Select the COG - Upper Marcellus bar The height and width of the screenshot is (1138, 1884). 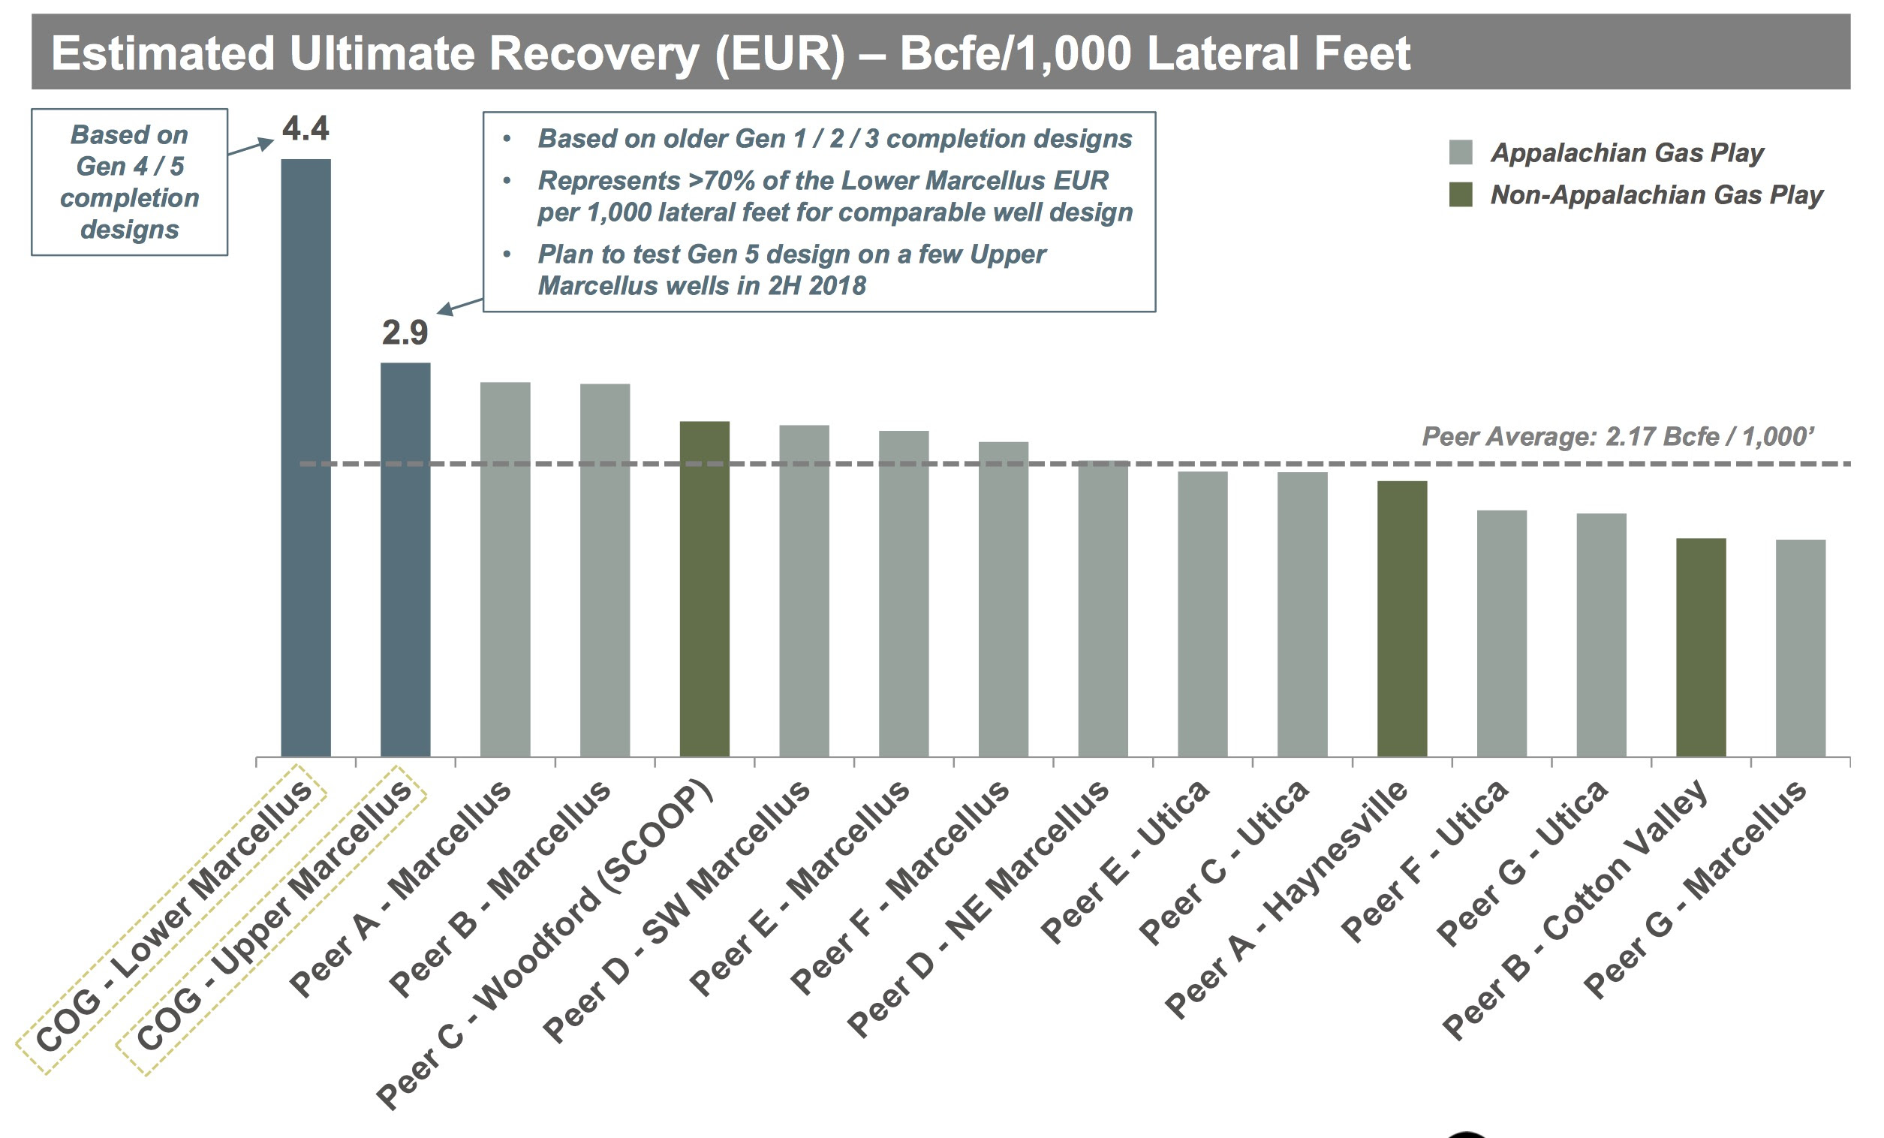click(x=405, y=559)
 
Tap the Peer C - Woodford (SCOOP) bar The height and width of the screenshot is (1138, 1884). click(x=704, y=588)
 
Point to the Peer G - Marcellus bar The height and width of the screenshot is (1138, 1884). click(x=1800, y=648)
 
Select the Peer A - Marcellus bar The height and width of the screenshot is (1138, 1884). click(x=504, y=569)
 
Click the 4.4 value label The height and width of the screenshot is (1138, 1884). click(x=305, y=128)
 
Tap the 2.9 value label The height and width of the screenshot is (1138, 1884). click(x=405, y=333)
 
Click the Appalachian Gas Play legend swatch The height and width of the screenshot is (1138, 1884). click(x=1461, y=152)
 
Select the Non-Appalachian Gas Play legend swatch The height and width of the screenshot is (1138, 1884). click(x=1461, y=194)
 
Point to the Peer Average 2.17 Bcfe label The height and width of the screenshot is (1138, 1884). click(x=1617, y=437)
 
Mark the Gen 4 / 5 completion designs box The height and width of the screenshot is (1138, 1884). click(x=129, y=182)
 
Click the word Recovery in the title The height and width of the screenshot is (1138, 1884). click(x=593, y=53)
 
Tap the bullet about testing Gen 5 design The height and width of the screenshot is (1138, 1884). click(x=790, y=270)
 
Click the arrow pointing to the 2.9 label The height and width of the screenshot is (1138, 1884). click(x=459, y=306)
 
